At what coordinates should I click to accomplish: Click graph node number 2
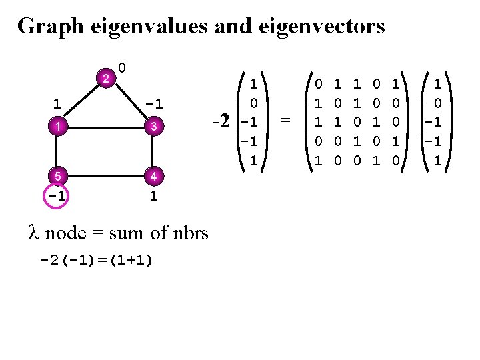click(x=105, y=78)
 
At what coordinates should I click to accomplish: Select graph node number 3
click(x=153, y=127)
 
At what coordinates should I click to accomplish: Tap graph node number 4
click(x=153, y=177)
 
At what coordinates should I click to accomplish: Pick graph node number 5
click(x=58, y=177)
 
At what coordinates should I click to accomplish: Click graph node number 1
click(x=58, y=127)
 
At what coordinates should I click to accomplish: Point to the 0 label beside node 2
click(x=123, y=67)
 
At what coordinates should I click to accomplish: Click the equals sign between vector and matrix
click(x=285, y=121)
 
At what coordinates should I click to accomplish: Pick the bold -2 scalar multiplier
click(x=221, y=122)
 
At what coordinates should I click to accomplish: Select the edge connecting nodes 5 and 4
click(x=105, y=177)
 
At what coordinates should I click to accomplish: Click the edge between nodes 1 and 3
click(x=105, y=127)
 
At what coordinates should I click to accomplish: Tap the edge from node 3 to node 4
click(x=153, y=151)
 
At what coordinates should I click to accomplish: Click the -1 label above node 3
click(x=154, y=104)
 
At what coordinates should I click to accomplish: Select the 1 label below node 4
click(x=153, y=197)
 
